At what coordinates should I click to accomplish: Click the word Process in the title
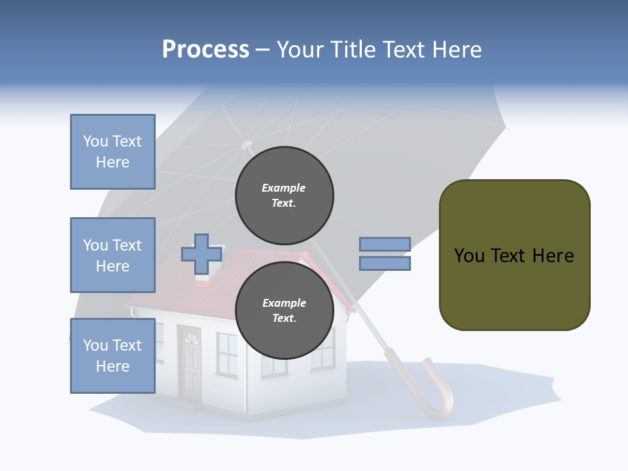205,50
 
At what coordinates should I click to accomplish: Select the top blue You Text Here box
113,152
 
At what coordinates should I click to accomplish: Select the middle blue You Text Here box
113,255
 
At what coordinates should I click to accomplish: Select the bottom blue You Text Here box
113,356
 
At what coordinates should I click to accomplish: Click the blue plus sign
201,254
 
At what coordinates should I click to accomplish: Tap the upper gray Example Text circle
284,196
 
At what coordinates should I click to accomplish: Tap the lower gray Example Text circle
284,311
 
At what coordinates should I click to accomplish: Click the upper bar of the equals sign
385,244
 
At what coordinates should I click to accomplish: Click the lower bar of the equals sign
385,263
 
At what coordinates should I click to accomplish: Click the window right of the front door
226,354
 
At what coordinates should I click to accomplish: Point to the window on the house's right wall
324,350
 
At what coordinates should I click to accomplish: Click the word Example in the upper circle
283,188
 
